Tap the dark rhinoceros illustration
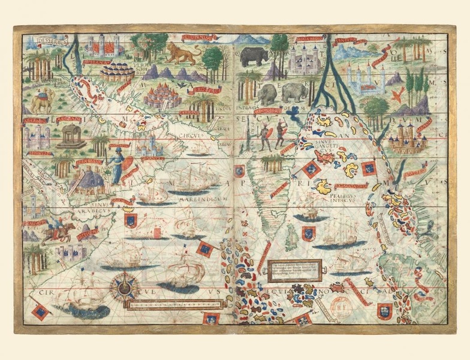pos(254,56)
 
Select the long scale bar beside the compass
pos(177,304)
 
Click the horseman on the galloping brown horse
pos(64,230)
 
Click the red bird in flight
pos(397,94)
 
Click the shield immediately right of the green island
pos(308,233)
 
